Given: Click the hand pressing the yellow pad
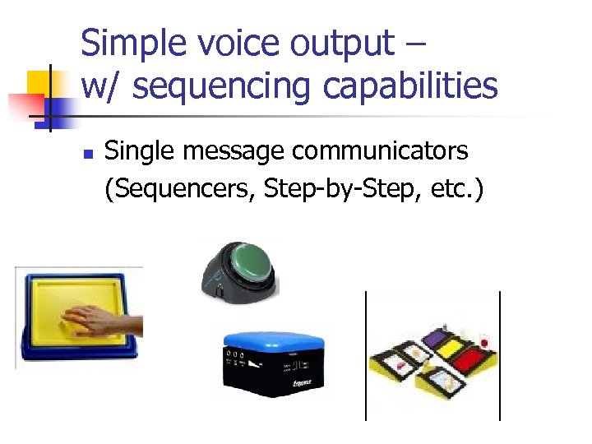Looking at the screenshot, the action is click(95, 319).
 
